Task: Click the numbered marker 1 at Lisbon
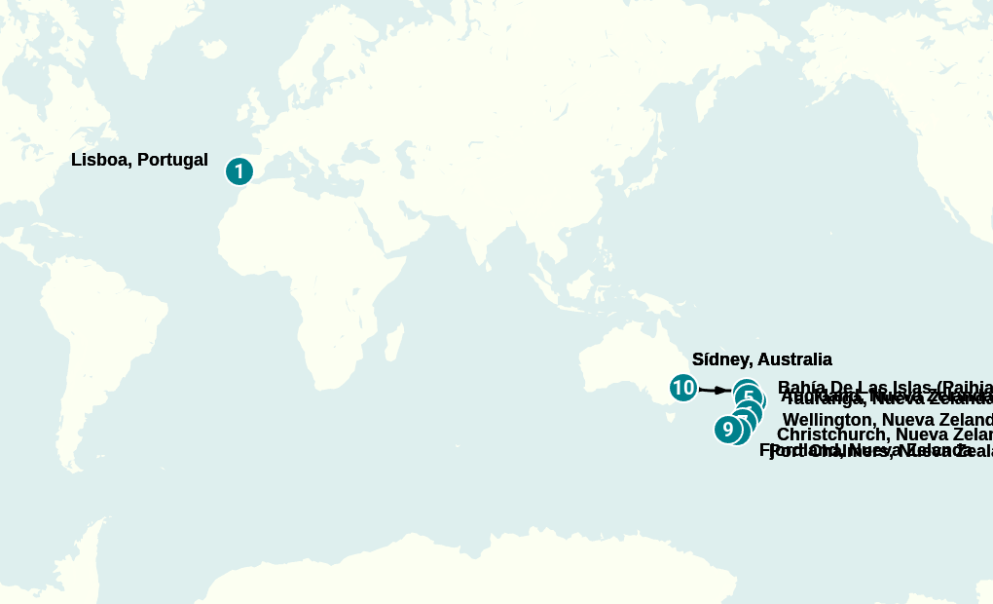(x=239, y=171)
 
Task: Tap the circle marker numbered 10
(x=683, y=388)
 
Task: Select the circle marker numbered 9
(x=727, y=429)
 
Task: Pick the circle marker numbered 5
(x=749, y=396)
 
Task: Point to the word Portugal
(x=172, y=160)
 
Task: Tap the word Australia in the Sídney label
(x=792, y=359)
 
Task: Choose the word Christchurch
(x=832, y=434)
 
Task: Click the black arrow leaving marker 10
(x=717, y=391)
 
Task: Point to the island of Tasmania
(x=671, y=418)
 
